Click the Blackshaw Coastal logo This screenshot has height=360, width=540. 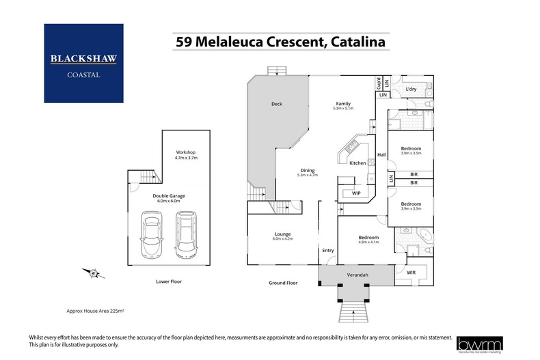pos(83,63)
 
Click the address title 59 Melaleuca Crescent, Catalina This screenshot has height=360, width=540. pos(280,42)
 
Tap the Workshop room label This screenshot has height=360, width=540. pos(186,152)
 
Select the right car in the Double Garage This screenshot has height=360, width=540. pos(185,234)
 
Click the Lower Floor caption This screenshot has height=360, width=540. pos(168,281)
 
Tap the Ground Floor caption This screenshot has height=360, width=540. pos(283,282)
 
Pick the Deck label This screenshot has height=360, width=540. pos(277,104)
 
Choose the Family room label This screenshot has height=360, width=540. pos(342,103)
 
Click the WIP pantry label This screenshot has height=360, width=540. pos(355,193)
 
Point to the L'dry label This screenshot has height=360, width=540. pos(411,90)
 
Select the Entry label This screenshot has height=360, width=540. pos(328,251)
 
